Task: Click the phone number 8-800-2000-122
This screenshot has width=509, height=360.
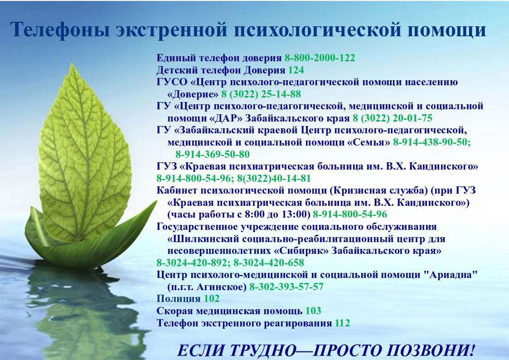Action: click(320, 58)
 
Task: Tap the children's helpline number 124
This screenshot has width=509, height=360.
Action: click(296, 70)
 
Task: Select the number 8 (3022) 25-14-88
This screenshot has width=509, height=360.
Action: click(261, 94)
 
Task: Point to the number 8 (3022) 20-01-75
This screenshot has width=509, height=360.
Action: click(393, 118)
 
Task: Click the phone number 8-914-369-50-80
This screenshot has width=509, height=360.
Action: click(213, 155)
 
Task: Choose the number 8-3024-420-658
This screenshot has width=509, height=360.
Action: click(269, 263)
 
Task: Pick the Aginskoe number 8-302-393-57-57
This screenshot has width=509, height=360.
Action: click(286, 287)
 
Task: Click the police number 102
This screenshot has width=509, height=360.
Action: click(212, 299)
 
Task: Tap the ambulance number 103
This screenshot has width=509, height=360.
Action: click(313, 311)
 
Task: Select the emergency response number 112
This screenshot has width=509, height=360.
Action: click(343, 323)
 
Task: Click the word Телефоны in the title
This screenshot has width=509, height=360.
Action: click(60, 29)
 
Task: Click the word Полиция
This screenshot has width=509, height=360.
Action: click(179, 299)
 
